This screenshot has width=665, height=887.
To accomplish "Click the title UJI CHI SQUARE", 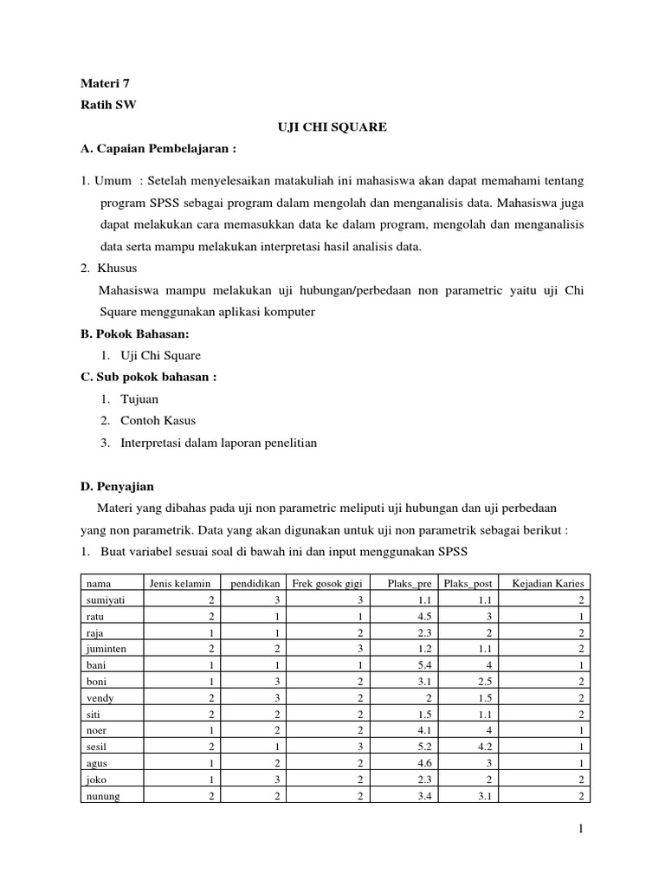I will pyautogui.click(x=332, y=127).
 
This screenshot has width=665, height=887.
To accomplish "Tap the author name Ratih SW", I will pyautogui.click(x=108, y=105).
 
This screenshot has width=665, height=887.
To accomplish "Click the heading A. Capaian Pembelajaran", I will pyautogui.click(x=158, y=148).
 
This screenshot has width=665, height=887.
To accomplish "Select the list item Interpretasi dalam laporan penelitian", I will pyautogui.click(x=218, y=443).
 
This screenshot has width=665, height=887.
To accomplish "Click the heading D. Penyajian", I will pyautogui.click(x=117, y=486).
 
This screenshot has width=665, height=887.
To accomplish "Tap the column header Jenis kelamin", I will pyautogui.click(x=179, y=583).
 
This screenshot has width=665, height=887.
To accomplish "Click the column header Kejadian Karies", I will pyautogui.click(x=548, y=583).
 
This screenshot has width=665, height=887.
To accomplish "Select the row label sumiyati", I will pyautogui.click(x=105, y=599).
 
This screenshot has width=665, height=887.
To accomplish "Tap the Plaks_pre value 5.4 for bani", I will pyautogui.click(x=423, y=664).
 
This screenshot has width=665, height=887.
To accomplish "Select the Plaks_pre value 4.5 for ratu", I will pyautogui.click(x=423, y=616).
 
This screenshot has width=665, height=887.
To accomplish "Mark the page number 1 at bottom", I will pyautogui.click(x=583, y=830).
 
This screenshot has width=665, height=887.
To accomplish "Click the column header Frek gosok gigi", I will pyautogui.click(x=326, y=583).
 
